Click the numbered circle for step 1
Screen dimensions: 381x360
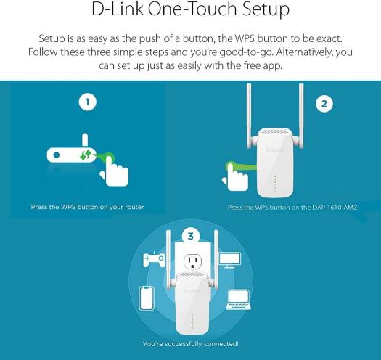tap(88, 102)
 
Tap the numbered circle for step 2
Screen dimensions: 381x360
tap(324, 104)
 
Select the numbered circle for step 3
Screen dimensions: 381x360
tap(191, 236)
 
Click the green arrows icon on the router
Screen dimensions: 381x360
tap(86, 155)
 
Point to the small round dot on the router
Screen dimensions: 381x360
tap(57, 155)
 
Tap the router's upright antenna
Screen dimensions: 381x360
tap(85, 140)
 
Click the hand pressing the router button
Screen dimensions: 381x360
tap(114, 171)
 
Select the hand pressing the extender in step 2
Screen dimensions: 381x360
tap(235, 177)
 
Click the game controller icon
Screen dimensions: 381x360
tap(154, 259)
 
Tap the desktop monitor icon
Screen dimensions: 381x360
tap(230, 260)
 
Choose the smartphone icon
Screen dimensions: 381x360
tap(147, 298)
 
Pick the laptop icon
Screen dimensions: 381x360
tap(239, 300)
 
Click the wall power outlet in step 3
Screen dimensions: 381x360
tap(193, 261)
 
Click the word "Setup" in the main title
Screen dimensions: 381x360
tap(266, 9)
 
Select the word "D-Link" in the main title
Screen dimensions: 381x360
tap(118, 9)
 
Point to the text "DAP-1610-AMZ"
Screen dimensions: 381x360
tap(335, 208)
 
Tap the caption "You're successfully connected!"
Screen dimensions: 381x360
tap(191, 344)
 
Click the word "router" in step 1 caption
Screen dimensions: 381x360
tap(134, 207)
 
